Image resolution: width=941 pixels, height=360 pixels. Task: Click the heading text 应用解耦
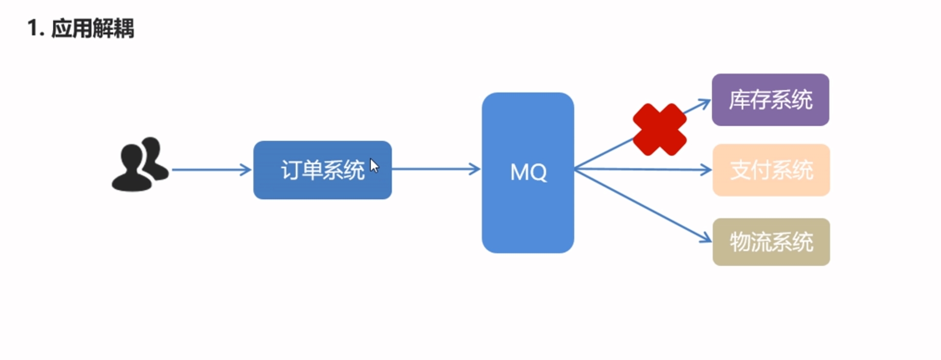93,28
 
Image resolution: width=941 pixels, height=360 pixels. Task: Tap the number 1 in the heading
33,28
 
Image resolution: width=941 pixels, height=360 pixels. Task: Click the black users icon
140,164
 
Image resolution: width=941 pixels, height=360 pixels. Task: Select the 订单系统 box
322,170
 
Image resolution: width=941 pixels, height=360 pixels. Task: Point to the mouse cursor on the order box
374,165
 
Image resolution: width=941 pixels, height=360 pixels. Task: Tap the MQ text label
528,172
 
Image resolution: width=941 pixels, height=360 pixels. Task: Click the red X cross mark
659,129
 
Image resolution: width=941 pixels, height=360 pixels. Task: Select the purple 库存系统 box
770,99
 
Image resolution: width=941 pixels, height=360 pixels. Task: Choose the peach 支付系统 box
771,170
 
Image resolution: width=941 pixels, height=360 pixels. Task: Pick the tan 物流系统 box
771,242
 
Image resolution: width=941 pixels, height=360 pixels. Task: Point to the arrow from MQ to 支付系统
641,169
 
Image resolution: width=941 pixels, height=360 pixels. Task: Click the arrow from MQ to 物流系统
641,205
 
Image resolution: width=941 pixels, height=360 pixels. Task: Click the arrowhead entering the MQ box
475,169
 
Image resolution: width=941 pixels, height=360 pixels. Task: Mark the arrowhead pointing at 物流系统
705,238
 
